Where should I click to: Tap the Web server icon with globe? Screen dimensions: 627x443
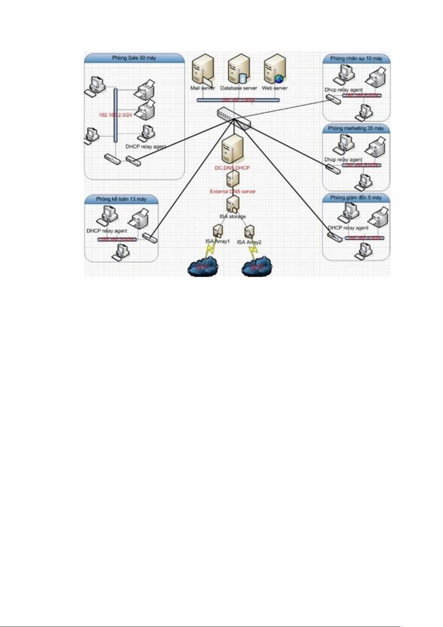coord(275,69)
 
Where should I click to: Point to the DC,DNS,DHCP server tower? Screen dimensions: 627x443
coord(232,149)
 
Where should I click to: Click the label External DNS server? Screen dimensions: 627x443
coord(233,191)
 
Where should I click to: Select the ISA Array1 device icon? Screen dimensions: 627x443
coord(218,231)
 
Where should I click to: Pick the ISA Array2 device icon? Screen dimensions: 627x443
coord(249,232)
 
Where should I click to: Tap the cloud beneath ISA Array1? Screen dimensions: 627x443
coord(203,266)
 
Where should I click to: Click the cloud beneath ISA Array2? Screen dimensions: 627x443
coord(257,266)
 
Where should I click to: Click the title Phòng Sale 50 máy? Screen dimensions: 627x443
coord(134,58)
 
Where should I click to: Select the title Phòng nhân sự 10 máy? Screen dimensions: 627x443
coord(356,58)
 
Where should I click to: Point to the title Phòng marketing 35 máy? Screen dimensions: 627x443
coord(356,128)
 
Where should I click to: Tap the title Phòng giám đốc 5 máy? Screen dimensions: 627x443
coord(356,198)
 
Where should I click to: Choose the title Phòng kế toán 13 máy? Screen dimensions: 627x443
coord(121,199)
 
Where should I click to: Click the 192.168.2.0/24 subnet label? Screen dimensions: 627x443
coord(115,115)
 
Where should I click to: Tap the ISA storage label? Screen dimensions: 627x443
coord(233,216)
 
